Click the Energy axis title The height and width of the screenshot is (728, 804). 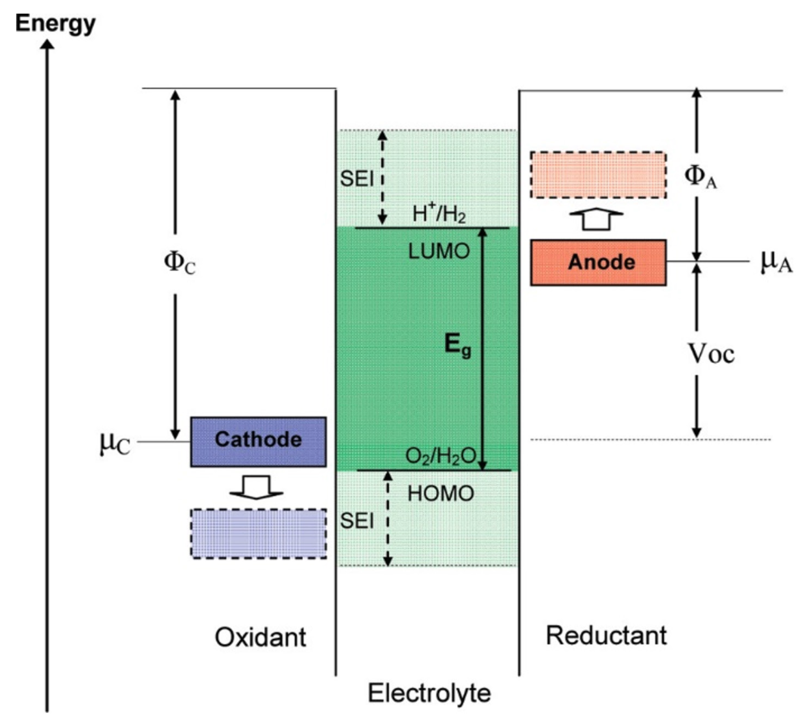[55, 23]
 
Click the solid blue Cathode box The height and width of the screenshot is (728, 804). [258, 441]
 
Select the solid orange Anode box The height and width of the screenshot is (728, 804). [598, 262]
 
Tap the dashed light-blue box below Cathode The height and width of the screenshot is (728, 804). [258, 533]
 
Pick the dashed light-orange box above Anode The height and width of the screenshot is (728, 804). [598, 175]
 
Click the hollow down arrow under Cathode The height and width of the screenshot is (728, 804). [256, 487]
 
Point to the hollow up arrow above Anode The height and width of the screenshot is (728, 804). [596, 218]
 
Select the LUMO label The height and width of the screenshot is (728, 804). [439, 252]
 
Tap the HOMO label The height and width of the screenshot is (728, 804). [441, 494]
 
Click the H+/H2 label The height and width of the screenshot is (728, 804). [439, 214]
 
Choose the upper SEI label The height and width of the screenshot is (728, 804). [356, 179]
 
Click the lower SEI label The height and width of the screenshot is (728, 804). [356, 521]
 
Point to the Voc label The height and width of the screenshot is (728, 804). [711, 354]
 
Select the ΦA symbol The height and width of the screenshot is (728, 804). [700, 177]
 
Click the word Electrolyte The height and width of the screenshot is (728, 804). [429, 692]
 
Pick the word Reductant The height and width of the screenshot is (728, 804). [606, 636]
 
